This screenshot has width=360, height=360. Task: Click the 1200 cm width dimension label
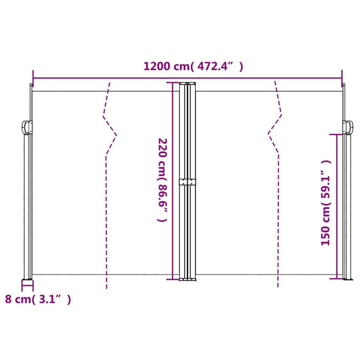pos(193,66)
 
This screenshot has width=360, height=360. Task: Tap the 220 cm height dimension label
pos(162,180)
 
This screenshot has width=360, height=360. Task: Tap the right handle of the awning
pos(348,127)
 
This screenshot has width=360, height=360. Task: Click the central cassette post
pos(187,228)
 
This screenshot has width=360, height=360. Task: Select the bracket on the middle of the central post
pos(187,182)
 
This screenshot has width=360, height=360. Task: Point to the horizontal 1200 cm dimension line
pos(120,78)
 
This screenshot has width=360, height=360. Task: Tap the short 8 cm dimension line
pos(27,286)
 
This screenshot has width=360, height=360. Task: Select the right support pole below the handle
pos(347,210)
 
